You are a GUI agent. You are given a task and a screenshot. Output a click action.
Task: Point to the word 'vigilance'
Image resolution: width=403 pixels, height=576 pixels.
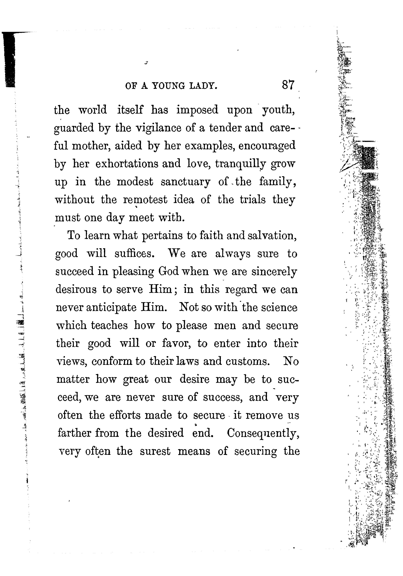click(x=158, y=128)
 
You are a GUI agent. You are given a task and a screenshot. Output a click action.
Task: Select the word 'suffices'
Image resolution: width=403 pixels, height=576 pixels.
click(x=134, y=254)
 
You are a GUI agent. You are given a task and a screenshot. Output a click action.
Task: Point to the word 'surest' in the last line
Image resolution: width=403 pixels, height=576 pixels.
click(x=155, y=451)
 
